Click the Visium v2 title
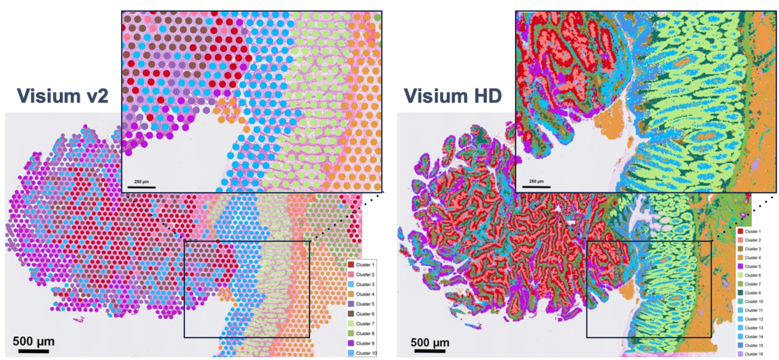(x=63, y=96)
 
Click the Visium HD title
(x=453, y=96)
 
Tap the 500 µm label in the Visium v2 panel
(x=33, y=341)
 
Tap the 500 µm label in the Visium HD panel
(x=430, y=342)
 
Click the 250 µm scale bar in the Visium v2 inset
(x=141, y=187)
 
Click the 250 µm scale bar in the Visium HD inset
(x=536, y=186)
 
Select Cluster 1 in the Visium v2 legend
(x=365, y=265)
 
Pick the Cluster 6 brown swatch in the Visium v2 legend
(x=351, y=314)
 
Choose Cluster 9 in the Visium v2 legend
(x=365, y=343)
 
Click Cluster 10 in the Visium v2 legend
(x=366, y=353)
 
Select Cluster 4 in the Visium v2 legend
(x=365, y=294)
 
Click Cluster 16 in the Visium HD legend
(x=753, y=354)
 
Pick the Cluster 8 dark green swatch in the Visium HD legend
(x=740, y=293)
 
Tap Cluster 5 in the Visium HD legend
(x=752, y=266)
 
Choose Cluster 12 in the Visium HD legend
(x=753, y=319)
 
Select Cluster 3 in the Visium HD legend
(x=752, y=249)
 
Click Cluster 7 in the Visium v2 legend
(x=365, y=324)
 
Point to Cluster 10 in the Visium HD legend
(x=753, y=301)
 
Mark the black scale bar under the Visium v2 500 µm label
(x=33, y=351)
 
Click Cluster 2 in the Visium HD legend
(x=752, y=240)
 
